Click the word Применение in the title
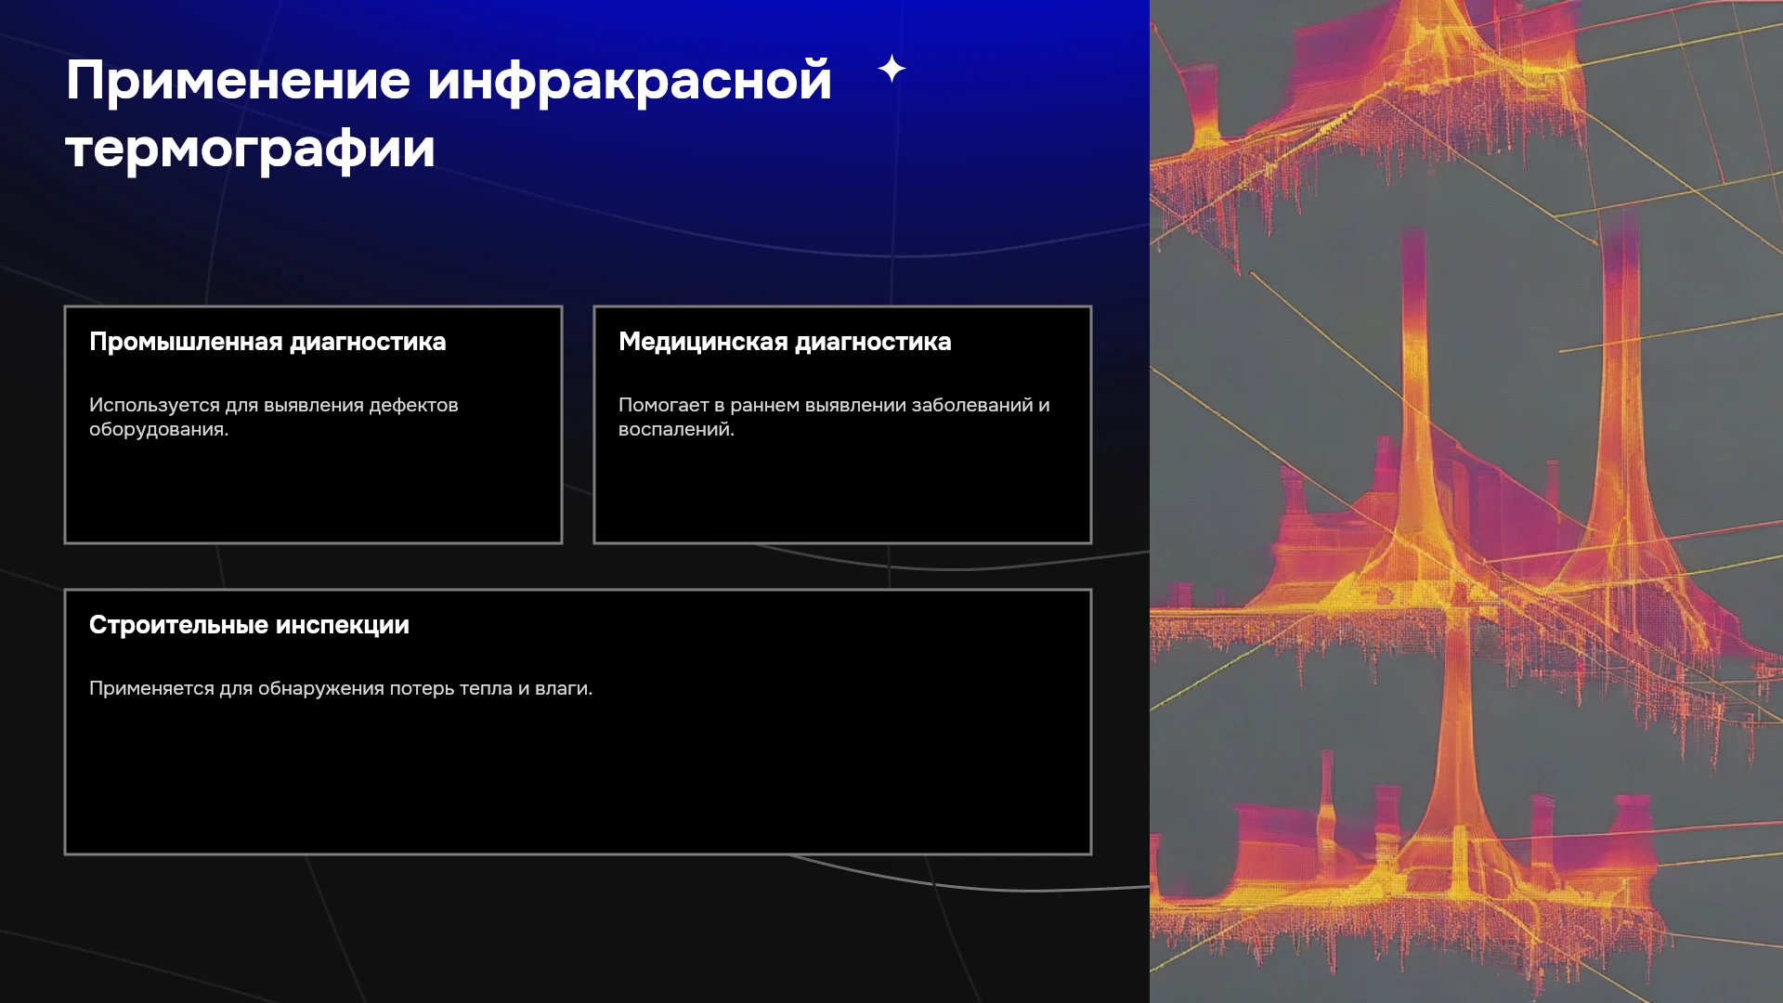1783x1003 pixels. (x=239, y=80)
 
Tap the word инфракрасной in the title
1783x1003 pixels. (x=630, y=82)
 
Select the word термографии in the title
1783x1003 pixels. (x=251, y=149)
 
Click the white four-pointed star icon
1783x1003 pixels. (x=891, y=69)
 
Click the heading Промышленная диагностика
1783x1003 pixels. (x=267, y=343)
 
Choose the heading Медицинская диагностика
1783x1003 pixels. (x=785, y=343)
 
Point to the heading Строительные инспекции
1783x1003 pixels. (x=249, y=625)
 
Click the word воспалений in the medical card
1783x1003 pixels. (x=676, y=430)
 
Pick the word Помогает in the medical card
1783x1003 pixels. (x=664, y=405)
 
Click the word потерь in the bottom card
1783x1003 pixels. (x=422, y=689)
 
